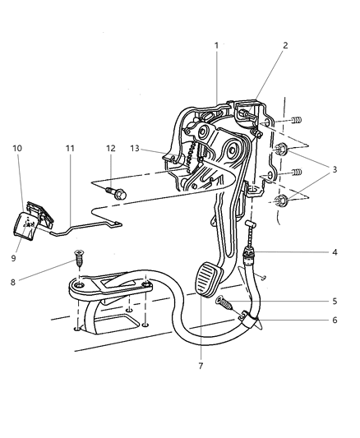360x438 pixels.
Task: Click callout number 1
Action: pos(217,46)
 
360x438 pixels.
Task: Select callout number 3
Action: pos(335,171)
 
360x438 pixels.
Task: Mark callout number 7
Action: pos(201,365)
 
